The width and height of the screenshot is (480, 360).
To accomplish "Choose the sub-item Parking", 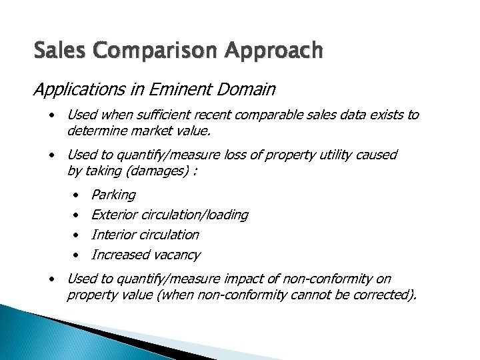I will tap(113, 195).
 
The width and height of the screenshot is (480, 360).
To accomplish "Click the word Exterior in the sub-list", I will tap(114, 215).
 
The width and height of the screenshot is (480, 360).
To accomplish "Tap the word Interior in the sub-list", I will tap(112, 235).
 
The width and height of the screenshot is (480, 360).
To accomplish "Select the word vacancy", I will tap(175, 255).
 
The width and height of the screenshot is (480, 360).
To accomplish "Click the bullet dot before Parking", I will tap(76, 195).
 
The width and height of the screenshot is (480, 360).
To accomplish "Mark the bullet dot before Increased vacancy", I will tap(76, 255).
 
